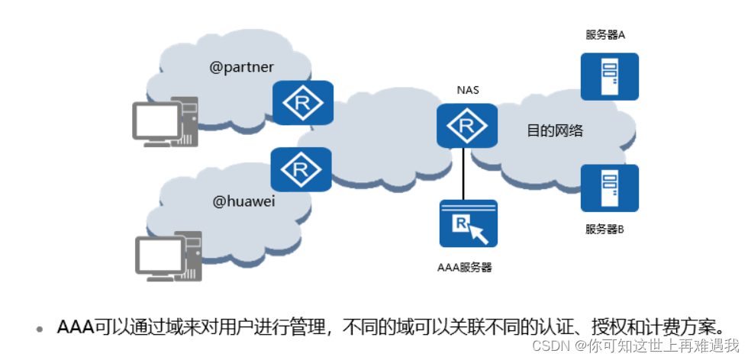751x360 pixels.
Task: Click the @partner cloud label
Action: click(242, 67)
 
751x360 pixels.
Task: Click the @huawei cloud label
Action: click(243, 201)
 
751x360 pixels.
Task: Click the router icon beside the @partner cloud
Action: click(302, 104)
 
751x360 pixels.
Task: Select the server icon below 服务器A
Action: click(609, 76)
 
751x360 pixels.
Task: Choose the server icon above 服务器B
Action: click(609, 188)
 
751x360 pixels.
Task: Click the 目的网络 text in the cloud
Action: click(555, 130)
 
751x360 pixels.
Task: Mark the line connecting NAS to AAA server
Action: click(463, 174)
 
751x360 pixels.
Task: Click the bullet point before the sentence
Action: click(40, 329)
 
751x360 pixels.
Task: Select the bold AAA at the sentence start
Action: click(75, 327)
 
